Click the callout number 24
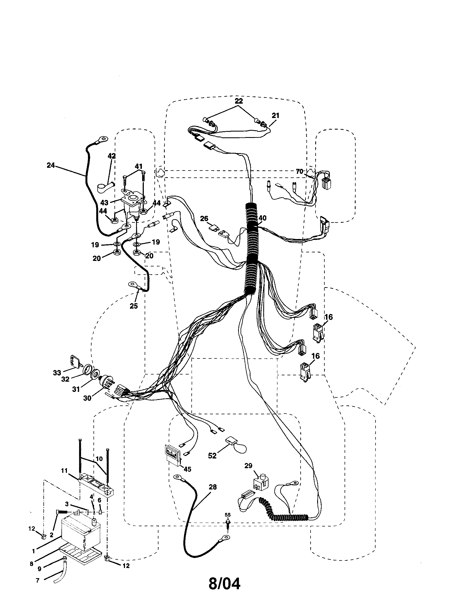[x=51, y=165]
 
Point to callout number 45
[x=187, y=469]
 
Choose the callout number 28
[x=212, y=487]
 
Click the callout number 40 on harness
[x=262, y=218]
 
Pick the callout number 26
[x=204, y=219]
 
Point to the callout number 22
[x=239, y=101]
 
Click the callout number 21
[x=275, y=115]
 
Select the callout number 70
[x=299, y=172]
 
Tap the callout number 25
[x=134, y=306]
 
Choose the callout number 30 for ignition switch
[x=87, y=398]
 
